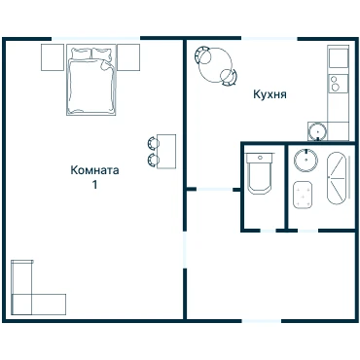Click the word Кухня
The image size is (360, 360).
(x=270, y=94)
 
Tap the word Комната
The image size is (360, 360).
(x=94, y=170)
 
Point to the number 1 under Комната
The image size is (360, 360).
(x=94, y=185)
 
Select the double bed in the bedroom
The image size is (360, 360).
(x=91, y=80)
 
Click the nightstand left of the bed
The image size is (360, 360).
(x=53, y=57)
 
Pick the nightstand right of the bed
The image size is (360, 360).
(x=128, y=57)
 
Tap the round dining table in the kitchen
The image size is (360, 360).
(x=216, y=65)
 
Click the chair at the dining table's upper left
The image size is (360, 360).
(x=202, y=55)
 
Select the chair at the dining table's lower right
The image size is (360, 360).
(x=229, y=78)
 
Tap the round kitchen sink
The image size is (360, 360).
(x=317, y=131)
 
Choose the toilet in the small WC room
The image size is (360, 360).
(x=260, y=173)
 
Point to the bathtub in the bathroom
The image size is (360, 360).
(x=338, y=178)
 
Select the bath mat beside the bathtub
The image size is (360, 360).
(x=303, y=195)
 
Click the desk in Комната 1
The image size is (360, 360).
(x=166, y=152)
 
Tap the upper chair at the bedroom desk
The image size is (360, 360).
(x=153, y=143)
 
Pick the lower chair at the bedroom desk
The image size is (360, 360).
(x=153, y=160)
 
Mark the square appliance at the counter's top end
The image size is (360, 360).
(x=339, y=58)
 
